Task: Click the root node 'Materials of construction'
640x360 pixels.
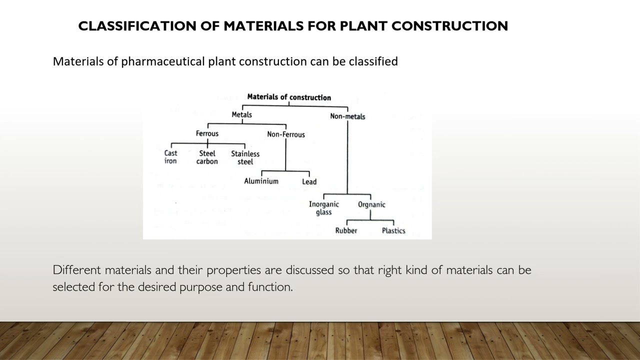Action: tap(289, 97)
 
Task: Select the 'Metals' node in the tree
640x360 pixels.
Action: tap(241, 115)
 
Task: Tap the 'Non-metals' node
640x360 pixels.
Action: tap(347, 116)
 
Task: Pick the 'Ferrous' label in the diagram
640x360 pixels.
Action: tap(207, 133)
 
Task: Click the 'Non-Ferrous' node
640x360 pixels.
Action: tap(285, 134)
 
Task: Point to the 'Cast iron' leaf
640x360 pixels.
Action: tap(170, 157)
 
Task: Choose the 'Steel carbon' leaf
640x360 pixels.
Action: tap(207, 157)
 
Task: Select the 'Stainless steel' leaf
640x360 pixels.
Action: tap(245, 157)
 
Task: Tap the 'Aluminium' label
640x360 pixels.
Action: tap(261, 181)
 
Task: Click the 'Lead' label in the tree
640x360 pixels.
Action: tap(309, 182)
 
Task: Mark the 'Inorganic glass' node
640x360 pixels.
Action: tap(323, 208)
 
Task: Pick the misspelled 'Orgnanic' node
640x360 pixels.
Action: tap(371, 204)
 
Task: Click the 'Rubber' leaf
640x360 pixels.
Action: tap(346, 230)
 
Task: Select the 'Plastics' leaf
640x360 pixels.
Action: tap(393, 230)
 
